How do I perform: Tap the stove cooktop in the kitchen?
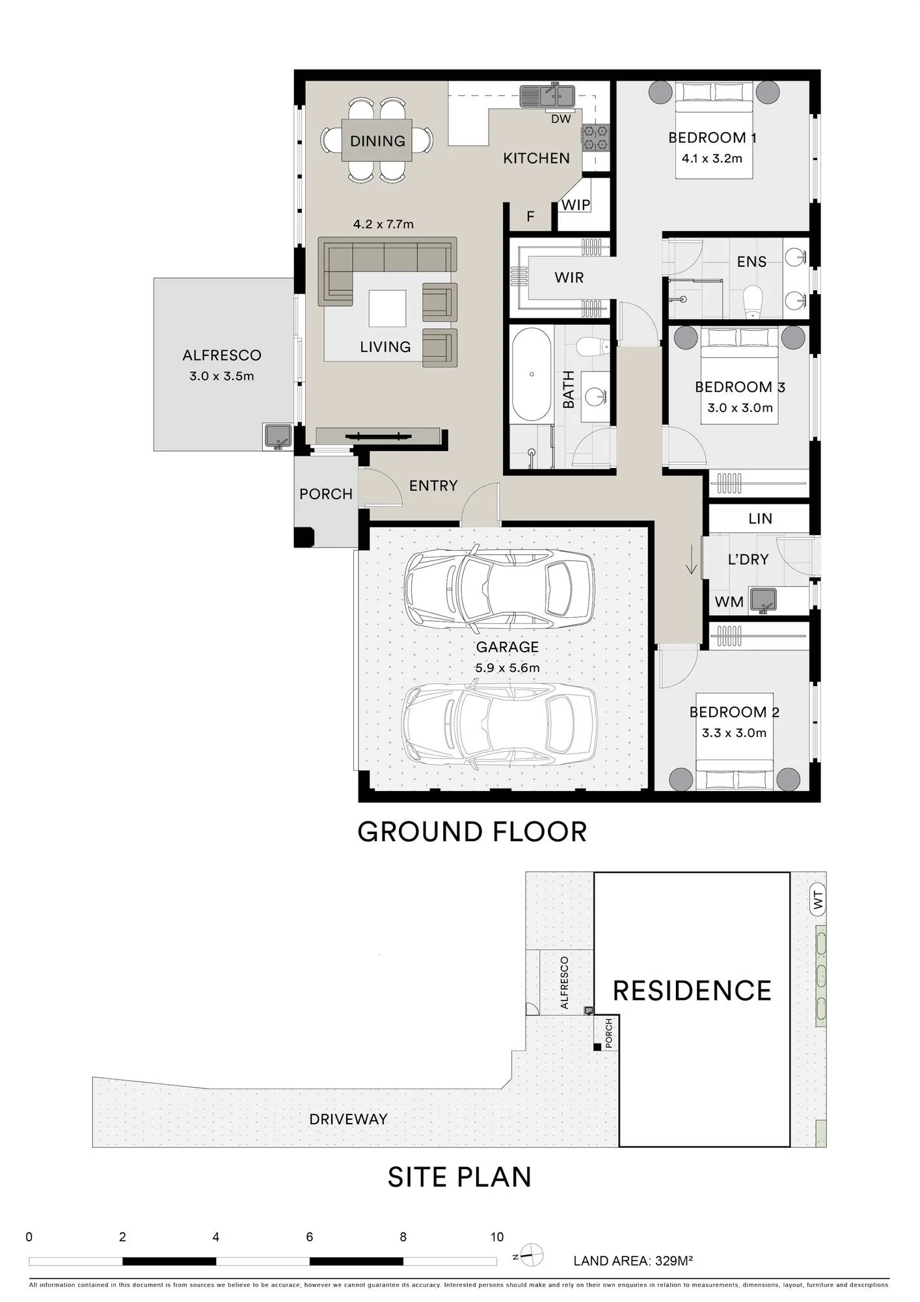click(x=595, y=137)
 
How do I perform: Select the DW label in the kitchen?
click(x=561, y=118)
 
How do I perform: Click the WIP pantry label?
click(x=576, y=205)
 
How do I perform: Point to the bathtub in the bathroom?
click(x=532, y=374)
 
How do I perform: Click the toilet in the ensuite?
click(x=753, y=300)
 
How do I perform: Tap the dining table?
click(x=377, y=140)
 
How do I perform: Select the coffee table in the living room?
click(x=387, y=308)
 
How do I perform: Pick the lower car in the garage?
click(x=500, y=724)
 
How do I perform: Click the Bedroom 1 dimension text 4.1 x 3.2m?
click(x=712, y=158)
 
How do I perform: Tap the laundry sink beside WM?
click(x=763, y=601)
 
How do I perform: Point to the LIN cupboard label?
click(x=760, y=519)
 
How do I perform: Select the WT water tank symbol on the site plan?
click(x=818, y=900)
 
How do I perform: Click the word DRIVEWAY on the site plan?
click(x=348, y=1119)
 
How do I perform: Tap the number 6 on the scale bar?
click(x=310, y=1237)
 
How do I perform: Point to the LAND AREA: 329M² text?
click(x=633, y=1261)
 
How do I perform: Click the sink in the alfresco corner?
click(x=277, y=437)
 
